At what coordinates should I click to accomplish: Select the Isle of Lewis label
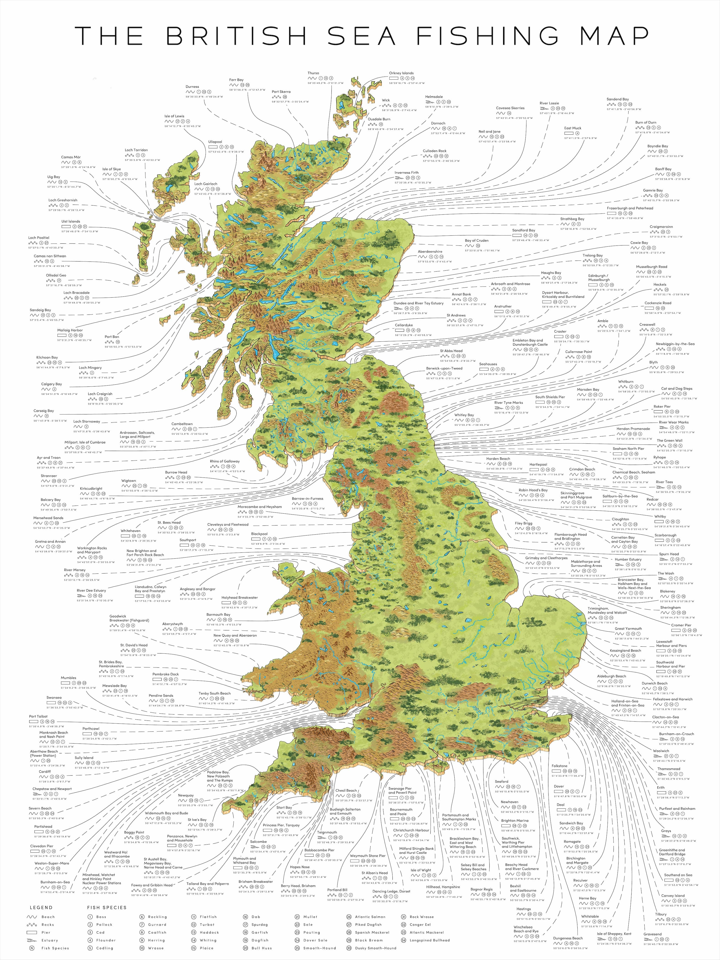pyautogui.click(x=174, y=116)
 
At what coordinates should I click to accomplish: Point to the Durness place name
pyautogui.click(x=192, y=87)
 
